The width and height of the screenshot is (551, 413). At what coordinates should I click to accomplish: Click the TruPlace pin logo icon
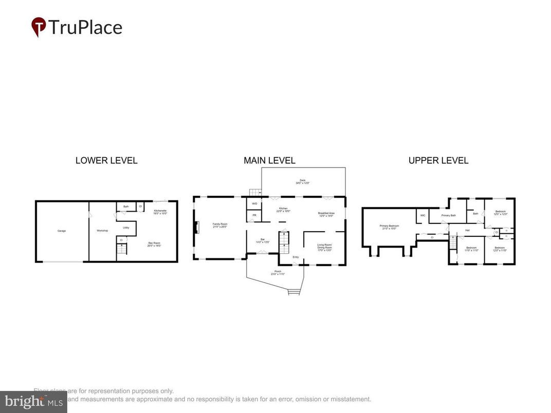point(39,26)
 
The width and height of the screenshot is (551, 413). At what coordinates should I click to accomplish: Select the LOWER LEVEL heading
point(106,160)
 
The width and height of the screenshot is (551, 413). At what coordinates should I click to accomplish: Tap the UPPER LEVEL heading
point(438,160)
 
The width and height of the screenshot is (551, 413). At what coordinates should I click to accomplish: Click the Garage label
point(62,231)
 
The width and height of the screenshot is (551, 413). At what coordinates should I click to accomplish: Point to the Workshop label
point(102,231)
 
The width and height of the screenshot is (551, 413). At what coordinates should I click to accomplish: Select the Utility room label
point(125,228)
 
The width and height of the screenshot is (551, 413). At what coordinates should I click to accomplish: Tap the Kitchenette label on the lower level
point(160,212)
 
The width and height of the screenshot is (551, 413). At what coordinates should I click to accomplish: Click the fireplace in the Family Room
point(196,228)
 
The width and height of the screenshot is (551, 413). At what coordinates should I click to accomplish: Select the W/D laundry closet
point(254,204)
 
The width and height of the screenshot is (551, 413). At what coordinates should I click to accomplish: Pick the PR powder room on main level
point(254,215)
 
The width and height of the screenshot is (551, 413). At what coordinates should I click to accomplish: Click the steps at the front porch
point(293,292)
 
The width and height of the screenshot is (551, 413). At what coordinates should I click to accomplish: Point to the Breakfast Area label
point(326,213)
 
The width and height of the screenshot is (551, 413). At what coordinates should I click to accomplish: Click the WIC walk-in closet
point(423,215)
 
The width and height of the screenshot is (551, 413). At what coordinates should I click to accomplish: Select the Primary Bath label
point(448,215)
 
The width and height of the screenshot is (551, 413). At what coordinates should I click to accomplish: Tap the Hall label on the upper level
point(467,230)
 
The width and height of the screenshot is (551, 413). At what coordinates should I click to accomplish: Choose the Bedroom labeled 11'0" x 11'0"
point(471,249)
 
